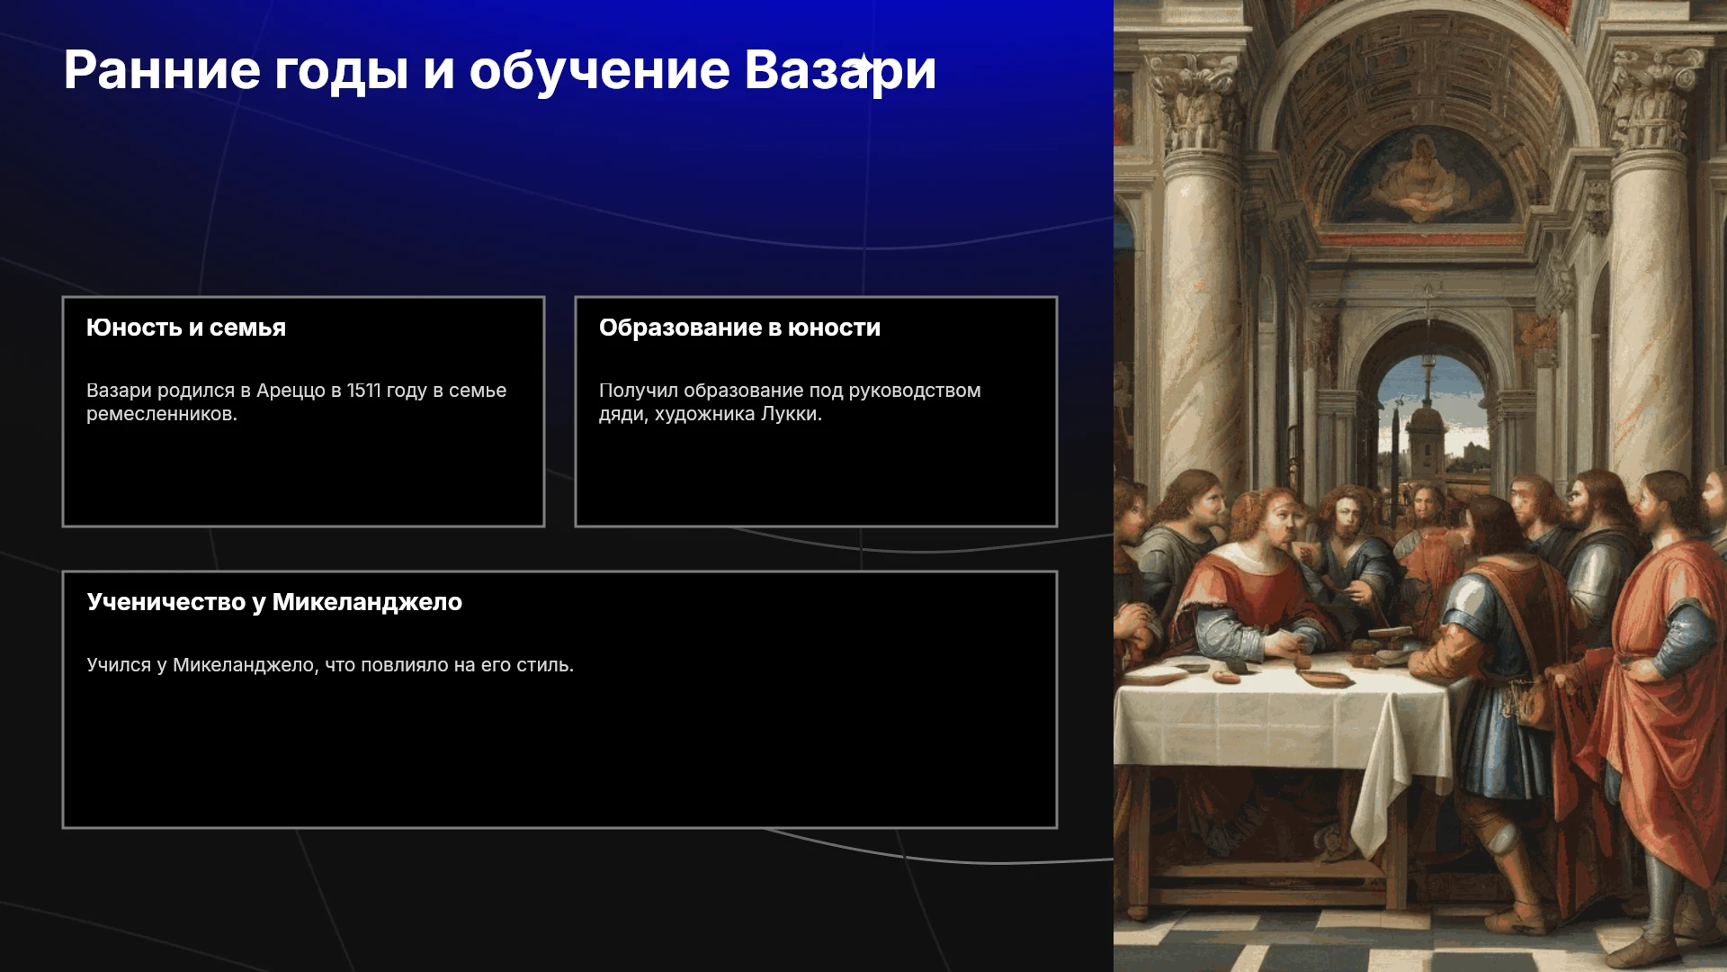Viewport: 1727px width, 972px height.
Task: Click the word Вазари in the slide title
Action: point(840,70)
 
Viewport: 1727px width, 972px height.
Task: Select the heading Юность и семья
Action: point(186,328)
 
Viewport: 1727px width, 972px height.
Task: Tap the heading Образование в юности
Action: point(739,328)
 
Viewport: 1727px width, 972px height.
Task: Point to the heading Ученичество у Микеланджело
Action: point(274,602)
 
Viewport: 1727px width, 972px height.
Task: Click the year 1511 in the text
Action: point(363,391)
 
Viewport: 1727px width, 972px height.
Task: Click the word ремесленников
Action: point(162,415)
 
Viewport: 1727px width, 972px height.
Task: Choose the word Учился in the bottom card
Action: point(119,665)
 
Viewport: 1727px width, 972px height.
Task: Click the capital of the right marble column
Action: point(1653,99)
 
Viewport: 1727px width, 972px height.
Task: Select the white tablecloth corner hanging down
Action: point(1376,792)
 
